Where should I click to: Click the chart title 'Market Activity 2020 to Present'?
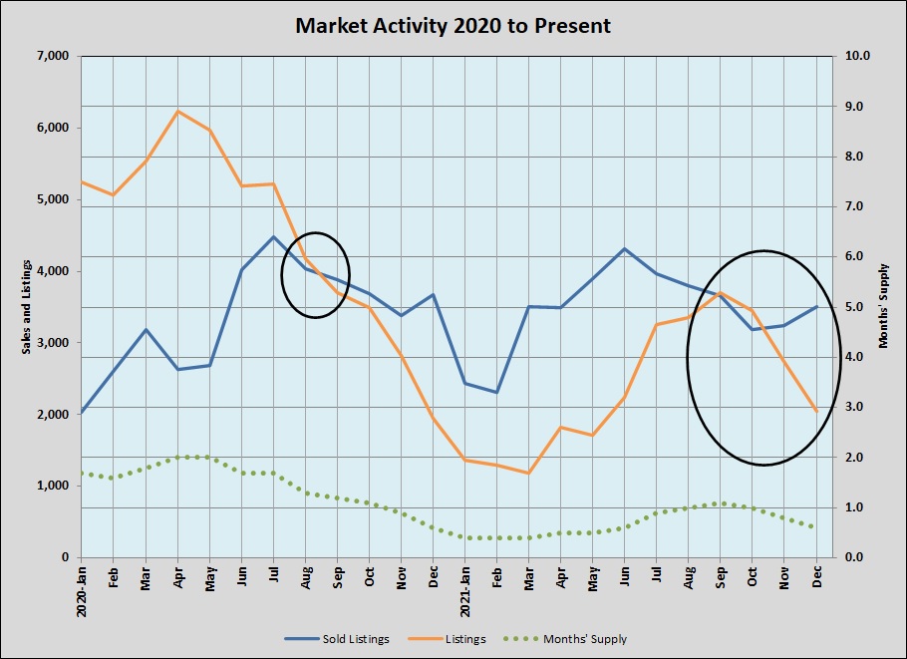point(453,25)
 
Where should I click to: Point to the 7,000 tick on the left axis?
point(51,56)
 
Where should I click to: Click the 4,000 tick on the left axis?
point(51,271)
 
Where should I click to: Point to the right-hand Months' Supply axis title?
point(883,307)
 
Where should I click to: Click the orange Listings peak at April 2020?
point(177,111)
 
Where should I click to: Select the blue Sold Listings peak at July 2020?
point(273,236)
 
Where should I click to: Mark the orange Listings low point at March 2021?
point(528,473)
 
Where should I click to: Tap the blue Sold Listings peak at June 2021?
point(624,248)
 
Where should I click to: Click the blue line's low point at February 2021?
point(496,393)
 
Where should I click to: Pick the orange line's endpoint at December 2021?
point(817,411)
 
